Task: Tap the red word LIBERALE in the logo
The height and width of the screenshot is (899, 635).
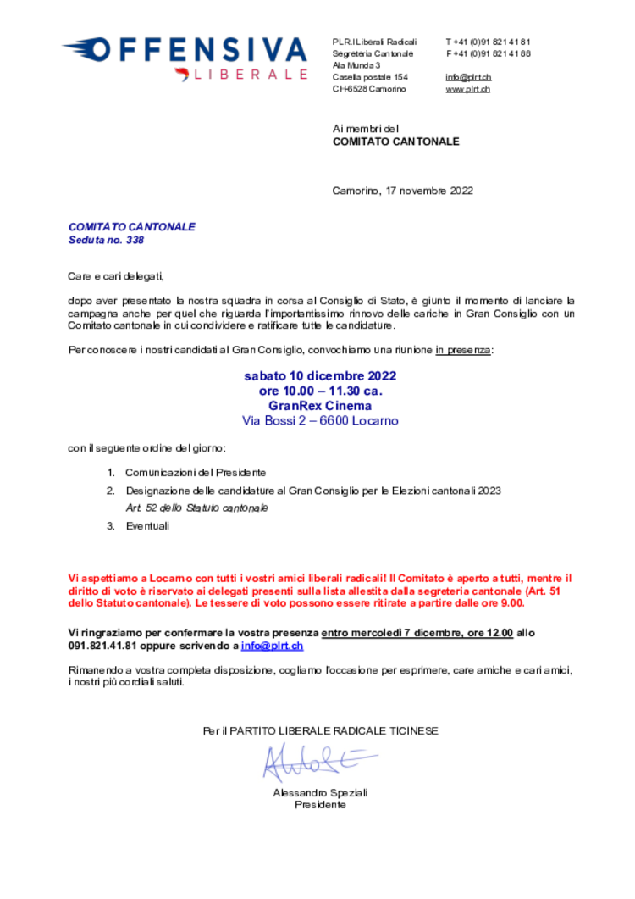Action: (x=251, y=75)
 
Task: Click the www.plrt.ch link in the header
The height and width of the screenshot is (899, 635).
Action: (x=467, y=89)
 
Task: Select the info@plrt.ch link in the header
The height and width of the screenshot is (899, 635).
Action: (x=468, y=77)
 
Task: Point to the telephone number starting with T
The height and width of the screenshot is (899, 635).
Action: (x=489, y=42)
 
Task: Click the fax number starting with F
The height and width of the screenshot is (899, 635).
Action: (x=489, y=53)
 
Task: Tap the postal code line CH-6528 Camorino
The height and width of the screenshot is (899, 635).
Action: (x=369, y=89)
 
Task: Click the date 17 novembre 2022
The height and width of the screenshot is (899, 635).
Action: (x=429, y=191)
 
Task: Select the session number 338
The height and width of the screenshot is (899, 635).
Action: (x=135, y=240)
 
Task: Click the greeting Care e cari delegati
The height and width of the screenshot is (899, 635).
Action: (x=116, y=276)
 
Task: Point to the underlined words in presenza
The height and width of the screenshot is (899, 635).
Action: (x=463, y=350)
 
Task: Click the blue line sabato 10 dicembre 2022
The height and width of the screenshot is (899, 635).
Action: (x=320, y=375)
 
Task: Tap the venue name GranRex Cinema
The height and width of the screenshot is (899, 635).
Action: (x=320, y=405)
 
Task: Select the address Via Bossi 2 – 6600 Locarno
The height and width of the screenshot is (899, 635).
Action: (x=320, y=420)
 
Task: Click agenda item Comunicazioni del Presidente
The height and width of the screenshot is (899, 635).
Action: (x=196, y=473)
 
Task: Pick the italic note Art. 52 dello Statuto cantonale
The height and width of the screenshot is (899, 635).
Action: (x=197, y=508)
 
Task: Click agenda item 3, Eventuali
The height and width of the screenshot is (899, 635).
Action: (x=147, y=525)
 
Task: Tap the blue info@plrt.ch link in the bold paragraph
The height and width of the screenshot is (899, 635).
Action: (x=273, y=646)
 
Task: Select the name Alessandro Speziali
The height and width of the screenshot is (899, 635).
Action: (x=320, y=793)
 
